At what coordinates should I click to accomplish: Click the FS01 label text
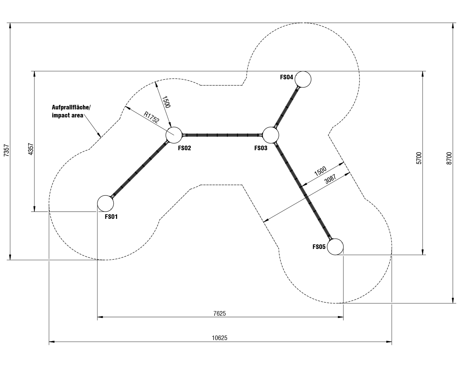(111, 217)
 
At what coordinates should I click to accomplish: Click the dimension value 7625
(219, 313)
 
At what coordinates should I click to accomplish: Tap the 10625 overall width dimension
(219, 338)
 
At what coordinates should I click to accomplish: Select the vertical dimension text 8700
(449, 158)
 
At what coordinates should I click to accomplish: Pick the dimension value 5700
(419, 158)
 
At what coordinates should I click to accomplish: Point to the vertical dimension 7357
(6, 151)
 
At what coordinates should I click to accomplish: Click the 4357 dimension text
(31, 149)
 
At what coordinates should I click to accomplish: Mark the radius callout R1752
(151, 117)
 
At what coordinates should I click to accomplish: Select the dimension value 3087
(330, 179)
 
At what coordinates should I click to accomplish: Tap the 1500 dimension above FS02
(166, 102)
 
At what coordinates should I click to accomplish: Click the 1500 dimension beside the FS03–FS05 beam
(320, 171)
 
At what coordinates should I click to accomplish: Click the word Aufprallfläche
(71, 108)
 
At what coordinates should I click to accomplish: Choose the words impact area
(68, 115)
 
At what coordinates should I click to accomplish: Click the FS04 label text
(287, 77)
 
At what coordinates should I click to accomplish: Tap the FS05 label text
(319, 247)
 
